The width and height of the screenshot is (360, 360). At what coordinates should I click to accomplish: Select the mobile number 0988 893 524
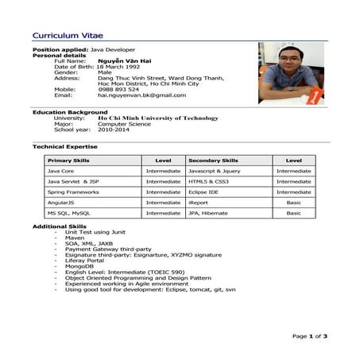coord(118,89)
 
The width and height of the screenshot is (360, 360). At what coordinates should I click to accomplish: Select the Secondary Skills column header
coord(213,161)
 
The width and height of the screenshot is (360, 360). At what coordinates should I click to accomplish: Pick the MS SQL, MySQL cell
coord(68,213)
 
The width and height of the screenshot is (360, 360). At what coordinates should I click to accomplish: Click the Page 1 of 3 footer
coord(309,336)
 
